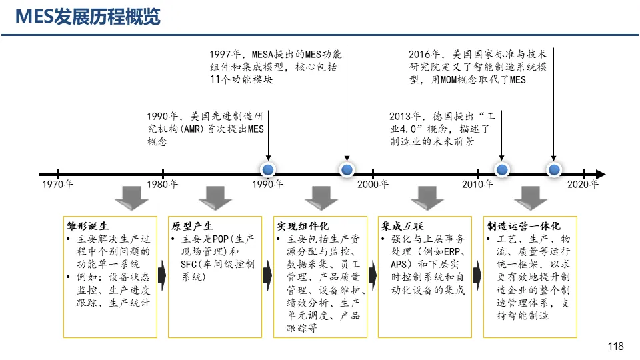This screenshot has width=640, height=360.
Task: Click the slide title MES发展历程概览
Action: point(88,17)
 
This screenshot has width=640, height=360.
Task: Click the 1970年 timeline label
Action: point(58,185)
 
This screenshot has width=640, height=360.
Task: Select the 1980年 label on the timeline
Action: point(163,185)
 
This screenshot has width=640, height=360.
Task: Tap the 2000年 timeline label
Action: point(373,185)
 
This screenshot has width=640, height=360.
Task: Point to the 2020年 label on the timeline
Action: point(583,185)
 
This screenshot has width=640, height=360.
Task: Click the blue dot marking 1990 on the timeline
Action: point(268,171)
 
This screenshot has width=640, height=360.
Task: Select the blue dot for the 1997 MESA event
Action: point(347,171)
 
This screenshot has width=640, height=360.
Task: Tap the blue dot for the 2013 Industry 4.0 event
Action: point(501,171)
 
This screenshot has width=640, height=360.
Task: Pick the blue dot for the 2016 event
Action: point(553,171)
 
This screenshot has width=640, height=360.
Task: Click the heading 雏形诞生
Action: point(87,227)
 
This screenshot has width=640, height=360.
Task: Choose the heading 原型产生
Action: point(193,227)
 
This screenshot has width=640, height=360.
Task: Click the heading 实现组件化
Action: point(303,227)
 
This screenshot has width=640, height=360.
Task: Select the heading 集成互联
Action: point(403,227)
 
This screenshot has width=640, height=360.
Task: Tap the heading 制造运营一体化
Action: point(523,227)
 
